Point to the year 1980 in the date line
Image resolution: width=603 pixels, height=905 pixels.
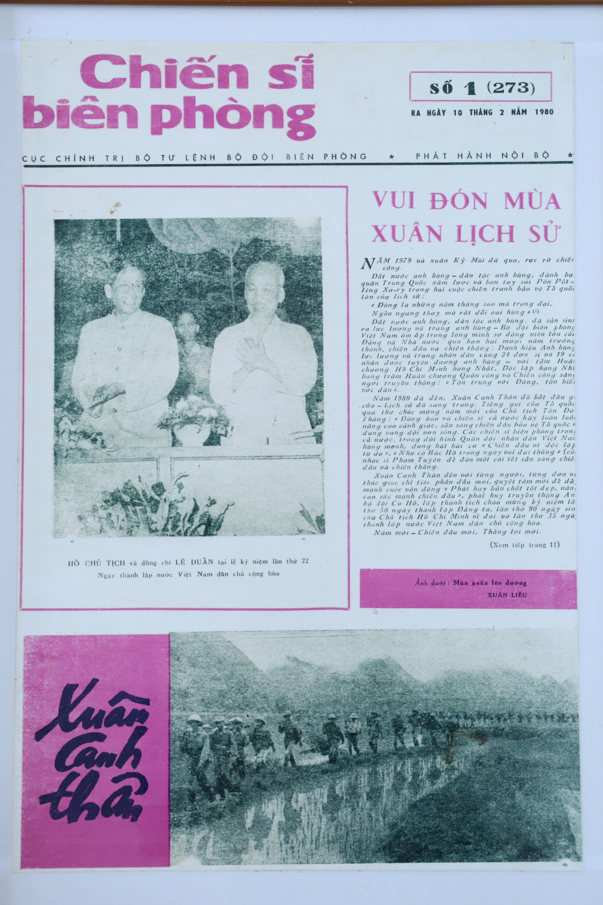click(x=543, y=112)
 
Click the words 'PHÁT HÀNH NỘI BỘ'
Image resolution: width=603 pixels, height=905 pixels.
click(x=483, y=156)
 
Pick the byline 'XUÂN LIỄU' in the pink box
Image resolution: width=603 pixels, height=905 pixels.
click(x=507, y=595)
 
